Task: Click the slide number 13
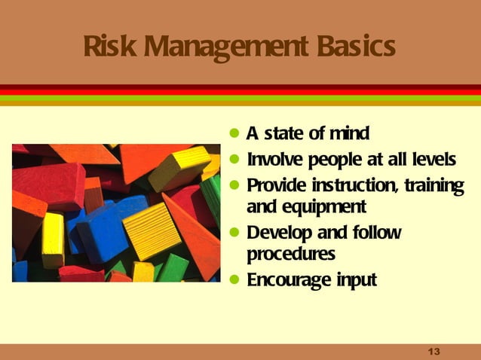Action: pos(433,352)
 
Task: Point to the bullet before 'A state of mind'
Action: pos(236,135)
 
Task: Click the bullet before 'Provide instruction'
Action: pos(236,185)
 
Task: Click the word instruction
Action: pos(353,185)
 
